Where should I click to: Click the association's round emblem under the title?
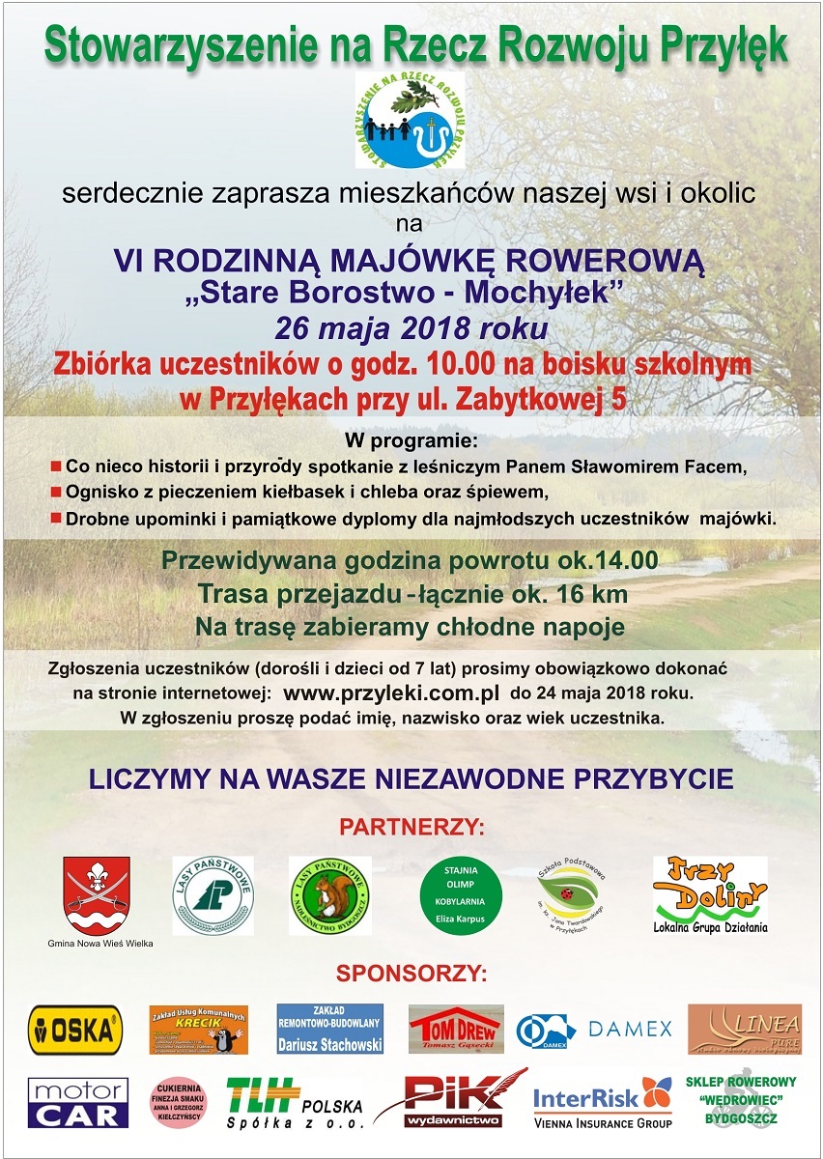pos(410,119)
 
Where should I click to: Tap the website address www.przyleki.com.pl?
pos(391,693)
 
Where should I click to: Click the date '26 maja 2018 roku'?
pos(411,328)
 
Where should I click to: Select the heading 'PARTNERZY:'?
pos(411,828)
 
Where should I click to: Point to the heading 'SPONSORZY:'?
pos(411,971)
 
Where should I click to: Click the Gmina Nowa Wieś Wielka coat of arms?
pos(97,894)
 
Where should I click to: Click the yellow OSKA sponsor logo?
pos(75,1030)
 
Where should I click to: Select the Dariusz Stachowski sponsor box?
pos(329,1029)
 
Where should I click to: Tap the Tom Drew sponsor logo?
pos(455,1030)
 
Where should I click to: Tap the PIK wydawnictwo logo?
pos(454,1099)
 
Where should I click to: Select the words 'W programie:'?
pos(411,442)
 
